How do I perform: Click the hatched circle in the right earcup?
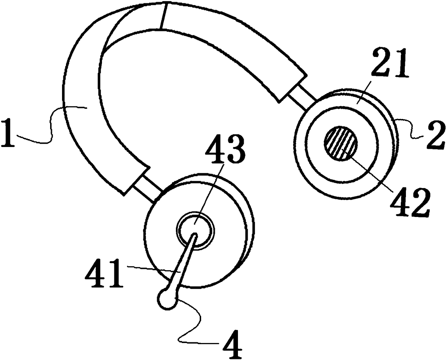coord(341,143)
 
